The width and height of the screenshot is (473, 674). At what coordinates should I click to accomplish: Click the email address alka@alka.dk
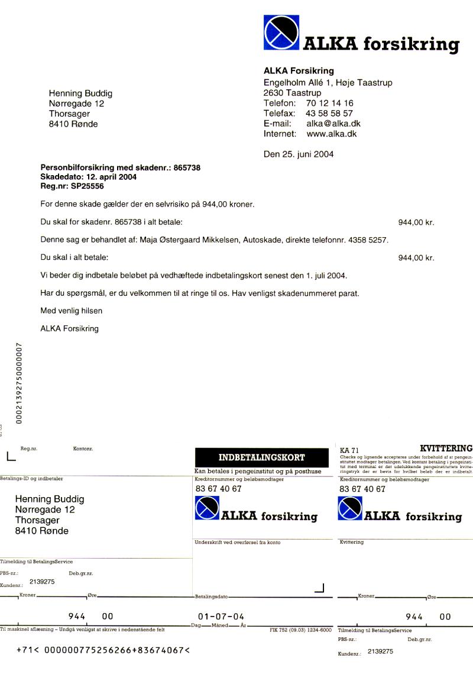[333, 124]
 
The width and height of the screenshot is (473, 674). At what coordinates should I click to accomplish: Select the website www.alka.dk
[331, 134]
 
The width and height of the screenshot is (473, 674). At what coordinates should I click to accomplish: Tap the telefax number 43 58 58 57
[329, 113]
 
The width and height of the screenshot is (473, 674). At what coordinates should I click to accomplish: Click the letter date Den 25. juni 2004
[298, 154]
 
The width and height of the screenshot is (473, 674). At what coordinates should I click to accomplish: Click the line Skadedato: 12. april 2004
[88, 177]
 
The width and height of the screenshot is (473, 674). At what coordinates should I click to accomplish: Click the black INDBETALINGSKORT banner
[262, 457]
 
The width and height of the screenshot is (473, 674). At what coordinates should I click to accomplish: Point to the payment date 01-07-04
[221, 616]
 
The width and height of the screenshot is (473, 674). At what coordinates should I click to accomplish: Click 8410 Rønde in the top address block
[73, 124]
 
